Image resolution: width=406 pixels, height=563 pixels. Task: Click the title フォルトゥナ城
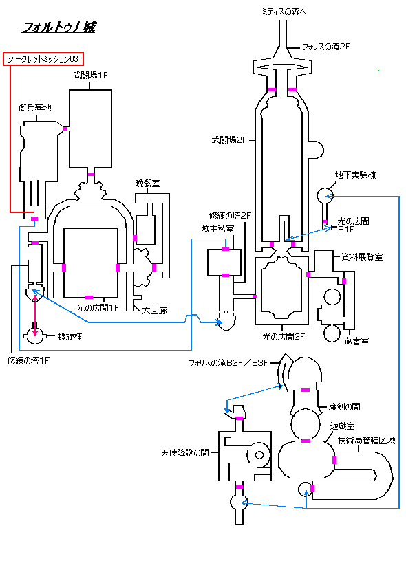[59, 27]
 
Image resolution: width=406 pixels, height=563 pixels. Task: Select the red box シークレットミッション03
[43, 59]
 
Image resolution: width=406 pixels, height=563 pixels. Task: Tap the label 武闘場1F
[90, 76]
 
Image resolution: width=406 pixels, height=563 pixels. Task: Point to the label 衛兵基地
[35, 107]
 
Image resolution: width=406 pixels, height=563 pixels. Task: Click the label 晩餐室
[147, 184]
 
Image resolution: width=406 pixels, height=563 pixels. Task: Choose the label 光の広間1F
[98, 308]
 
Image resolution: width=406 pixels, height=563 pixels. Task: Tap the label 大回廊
[155, 310]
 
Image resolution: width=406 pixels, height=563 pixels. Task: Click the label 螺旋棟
[70, 336]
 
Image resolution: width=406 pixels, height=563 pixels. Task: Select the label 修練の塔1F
[28, 361]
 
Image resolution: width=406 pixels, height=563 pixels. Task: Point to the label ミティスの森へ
[284, 12]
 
